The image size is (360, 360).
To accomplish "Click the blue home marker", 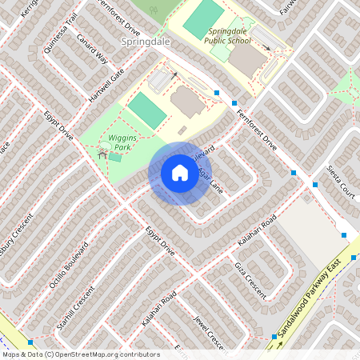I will coord(180,173).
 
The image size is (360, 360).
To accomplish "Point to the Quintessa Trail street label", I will coord(62,32).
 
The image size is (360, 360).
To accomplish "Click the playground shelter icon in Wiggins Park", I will coord(102,152).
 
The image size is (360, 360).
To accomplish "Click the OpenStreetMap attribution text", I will coord(81,354).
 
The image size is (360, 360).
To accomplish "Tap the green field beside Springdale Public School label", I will coord(203,17).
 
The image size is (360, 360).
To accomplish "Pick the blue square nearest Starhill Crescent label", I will coord(30,342).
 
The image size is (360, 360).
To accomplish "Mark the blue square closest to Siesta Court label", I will coord(315,185).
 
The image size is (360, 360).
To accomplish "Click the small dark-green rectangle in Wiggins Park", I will coord(116,157).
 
